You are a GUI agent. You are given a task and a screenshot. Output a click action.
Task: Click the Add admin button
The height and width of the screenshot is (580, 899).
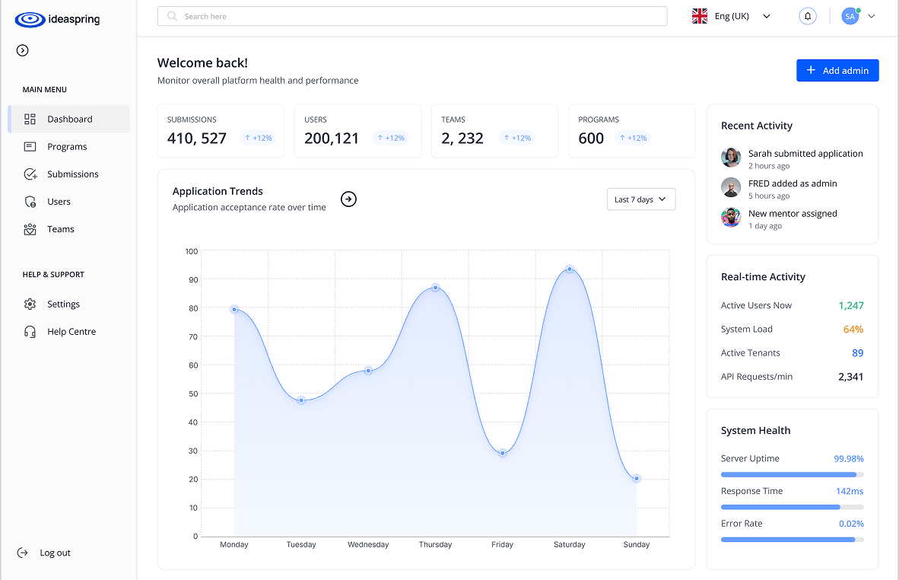(x=837, y=70)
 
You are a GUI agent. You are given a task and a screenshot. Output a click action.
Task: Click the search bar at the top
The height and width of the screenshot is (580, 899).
(x=411, y=16)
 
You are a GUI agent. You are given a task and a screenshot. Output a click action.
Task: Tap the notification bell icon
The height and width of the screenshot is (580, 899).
(x=808, y=16)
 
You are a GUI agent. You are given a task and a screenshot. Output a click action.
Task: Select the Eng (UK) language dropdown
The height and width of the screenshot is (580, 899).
(x=731, y=16)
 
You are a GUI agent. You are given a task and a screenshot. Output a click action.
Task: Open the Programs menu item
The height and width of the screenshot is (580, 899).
(x=67, y=147)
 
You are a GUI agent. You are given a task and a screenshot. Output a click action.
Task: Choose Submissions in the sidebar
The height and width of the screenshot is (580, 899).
(x=72, y=174)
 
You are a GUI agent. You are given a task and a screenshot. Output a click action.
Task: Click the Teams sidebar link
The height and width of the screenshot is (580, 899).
(x=60, y=229)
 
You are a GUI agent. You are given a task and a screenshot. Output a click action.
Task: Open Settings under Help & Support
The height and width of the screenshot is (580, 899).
(x=63, y=304)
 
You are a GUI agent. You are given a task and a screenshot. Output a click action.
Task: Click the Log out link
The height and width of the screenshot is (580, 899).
(x=55, y=553)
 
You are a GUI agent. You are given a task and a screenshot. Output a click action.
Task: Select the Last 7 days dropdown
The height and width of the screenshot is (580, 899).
(x=640, y=199)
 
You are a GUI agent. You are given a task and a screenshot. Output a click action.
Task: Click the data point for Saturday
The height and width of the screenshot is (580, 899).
(x=570, y=269)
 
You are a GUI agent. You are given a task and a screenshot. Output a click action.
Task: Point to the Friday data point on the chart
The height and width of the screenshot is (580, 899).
(x=503, y=453)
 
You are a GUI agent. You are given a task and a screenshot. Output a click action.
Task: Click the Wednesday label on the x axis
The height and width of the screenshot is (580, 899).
(x=368, y=545)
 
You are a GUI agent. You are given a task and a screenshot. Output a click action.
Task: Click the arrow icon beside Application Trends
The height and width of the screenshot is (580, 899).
(x=348, y=199)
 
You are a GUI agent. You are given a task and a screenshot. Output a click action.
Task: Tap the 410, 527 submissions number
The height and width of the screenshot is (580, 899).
(x=197, y=139)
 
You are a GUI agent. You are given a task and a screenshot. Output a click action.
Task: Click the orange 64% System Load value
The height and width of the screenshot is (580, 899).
(x=853, y=330)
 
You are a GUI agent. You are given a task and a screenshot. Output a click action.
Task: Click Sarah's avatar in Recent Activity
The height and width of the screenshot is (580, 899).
(x=731, y=158)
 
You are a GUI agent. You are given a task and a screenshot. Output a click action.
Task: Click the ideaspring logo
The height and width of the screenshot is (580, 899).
(x=57, y=20)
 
